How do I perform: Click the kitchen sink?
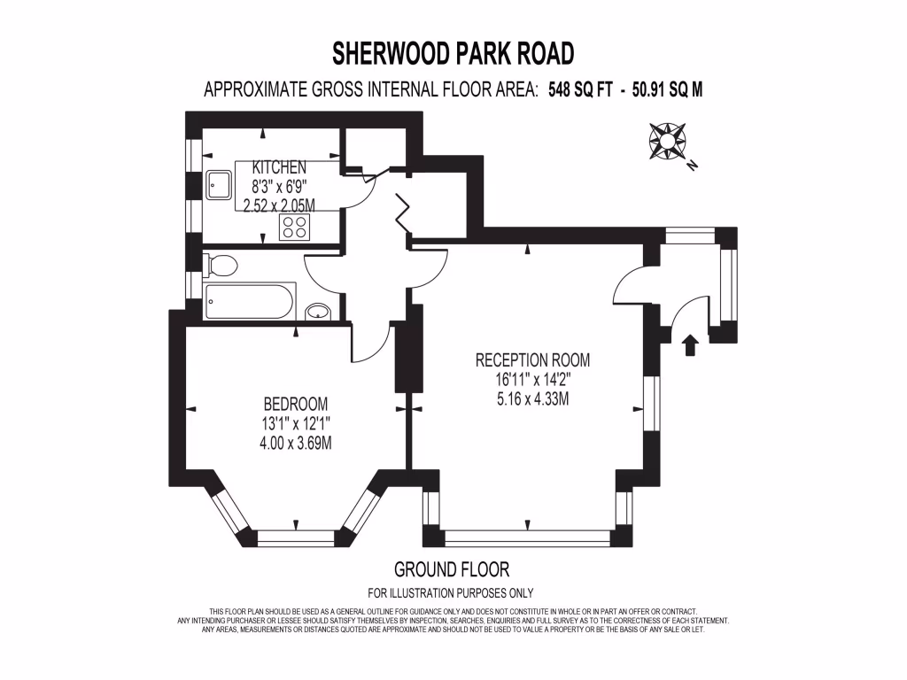coord(218,186)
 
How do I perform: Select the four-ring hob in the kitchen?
coord(293,228)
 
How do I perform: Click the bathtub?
coord(249,302)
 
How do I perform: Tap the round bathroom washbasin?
coord(318,312)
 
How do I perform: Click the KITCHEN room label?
coord(279,167)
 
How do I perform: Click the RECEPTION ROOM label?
coord(532,360)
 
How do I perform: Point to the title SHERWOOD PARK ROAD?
coord(453,55)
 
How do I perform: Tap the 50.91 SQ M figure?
coord(664,90)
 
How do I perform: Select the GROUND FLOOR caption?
coord(452,569)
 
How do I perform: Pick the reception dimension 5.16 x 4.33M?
coord(532,399)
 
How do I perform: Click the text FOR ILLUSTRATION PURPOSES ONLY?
coord(451,593)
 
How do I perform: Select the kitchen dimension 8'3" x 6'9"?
coord(279,187)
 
